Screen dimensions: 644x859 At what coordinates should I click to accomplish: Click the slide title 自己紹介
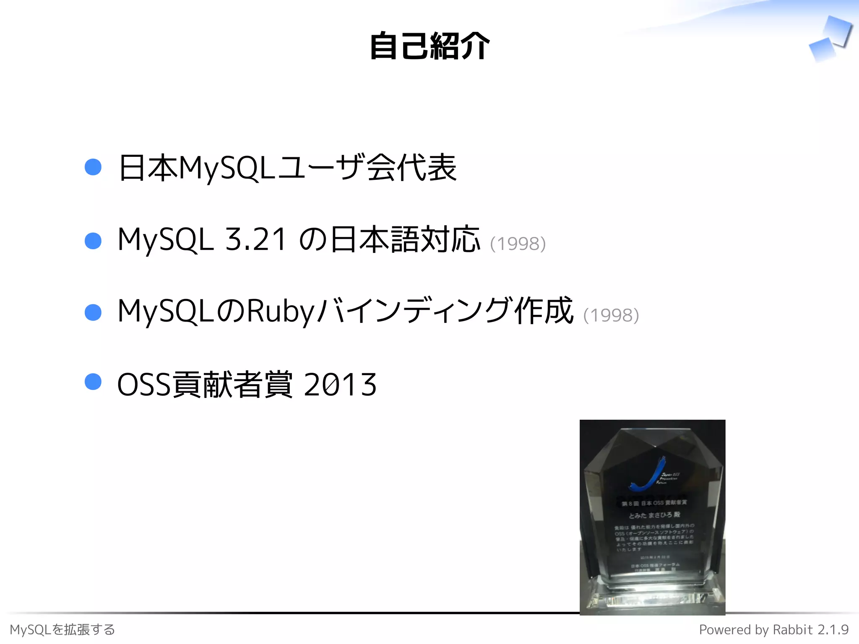click(x=429, y=46)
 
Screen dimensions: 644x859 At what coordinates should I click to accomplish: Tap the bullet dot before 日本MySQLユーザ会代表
click(x=93, y=167)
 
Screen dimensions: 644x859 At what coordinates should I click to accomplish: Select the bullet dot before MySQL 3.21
click(x=93, y=241)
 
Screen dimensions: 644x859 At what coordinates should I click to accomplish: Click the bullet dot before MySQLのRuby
click(x=93, y=312)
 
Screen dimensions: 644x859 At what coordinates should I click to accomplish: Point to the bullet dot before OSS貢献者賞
click(x=93, y=382)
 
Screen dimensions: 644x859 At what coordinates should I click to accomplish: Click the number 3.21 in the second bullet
click(x=255, y=239)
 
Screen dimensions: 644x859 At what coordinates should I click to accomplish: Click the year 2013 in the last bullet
click(x=340, y=384)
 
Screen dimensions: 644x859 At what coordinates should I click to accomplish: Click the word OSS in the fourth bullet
click(x=144, y=384)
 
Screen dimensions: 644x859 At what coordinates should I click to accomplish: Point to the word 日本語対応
click(x=405, y=239)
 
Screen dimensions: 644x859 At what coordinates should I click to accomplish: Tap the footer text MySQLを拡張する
click(x=62, y=630)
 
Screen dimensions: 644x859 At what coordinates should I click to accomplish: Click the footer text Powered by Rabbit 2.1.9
click(x=773, y=630)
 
